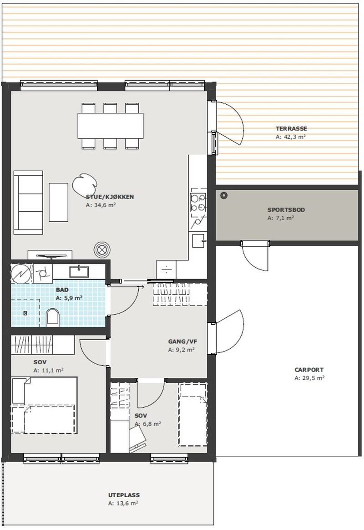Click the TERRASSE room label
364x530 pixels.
(x=291, y=128)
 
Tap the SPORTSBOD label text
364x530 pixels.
(x=286, y=209)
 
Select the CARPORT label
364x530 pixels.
(x=309, y=370)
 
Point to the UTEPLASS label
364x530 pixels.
(x=124, y=495)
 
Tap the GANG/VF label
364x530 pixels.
(x=182, y=342)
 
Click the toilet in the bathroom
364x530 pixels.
(x=52, y=317)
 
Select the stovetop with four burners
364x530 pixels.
(x=198, y=202)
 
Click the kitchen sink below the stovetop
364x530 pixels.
(x=200, y=241)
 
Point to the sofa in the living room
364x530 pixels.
(x=28, y=202)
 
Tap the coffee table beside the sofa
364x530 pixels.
(x=58, y=202)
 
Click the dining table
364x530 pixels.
(x=110, y=126)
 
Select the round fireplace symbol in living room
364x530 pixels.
(x=102, y=250)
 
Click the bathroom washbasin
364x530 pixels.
(x=79, y=271)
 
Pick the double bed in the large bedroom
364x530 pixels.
(x=44, y=405)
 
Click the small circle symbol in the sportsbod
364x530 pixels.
(x=223, y=195)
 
